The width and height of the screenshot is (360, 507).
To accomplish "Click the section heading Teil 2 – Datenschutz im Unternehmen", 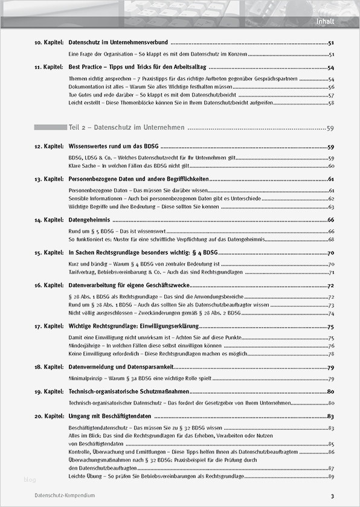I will (x=126, y=128).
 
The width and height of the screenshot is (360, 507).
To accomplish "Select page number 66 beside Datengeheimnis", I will (x=331, y=220).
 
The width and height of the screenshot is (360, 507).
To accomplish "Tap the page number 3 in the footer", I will (x=332, y=496).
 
